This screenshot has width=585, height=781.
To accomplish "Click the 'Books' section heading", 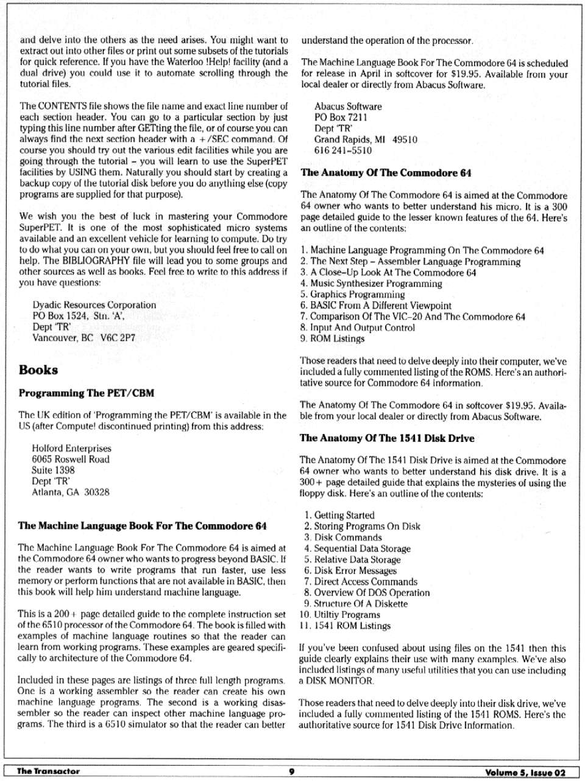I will (x=38, y=370).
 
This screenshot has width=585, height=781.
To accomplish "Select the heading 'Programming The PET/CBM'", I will (x=86, y=393).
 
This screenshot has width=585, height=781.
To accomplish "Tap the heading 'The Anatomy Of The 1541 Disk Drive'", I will (x=386, y=438).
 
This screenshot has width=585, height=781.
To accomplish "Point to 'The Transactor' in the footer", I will (x=48, y=772).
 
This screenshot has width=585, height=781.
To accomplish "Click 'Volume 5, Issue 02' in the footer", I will (x=525, y=772).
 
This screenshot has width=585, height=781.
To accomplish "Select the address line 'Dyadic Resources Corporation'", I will (x=94, y=305).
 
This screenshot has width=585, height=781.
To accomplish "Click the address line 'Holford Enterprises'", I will (x=71, y=449).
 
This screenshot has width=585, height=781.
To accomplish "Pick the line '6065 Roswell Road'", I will (x=71, y=460).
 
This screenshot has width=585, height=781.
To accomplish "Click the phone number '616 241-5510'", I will (x=342, y=150).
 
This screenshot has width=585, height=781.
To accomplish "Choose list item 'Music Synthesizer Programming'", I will (x=376, y=284).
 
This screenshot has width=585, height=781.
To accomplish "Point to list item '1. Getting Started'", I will (x=339, y=516).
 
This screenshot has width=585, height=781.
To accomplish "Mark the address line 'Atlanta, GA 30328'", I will (x=71, y=492).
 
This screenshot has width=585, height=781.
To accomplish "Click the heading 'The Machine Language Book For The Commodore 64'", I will (x=142, y=526).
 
